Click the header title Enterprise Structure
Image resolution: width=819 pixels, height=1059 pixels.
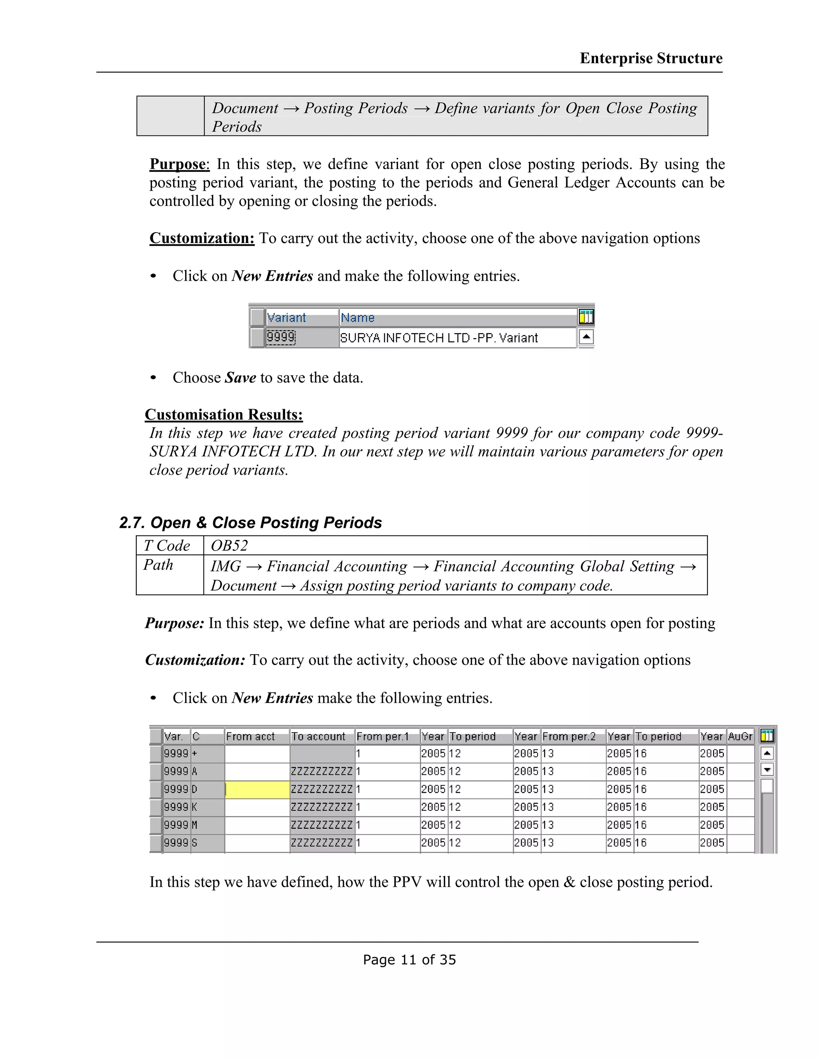coord(651,58)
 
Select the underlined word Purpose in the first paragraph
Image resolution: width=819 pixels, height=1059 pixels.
coord(178,164)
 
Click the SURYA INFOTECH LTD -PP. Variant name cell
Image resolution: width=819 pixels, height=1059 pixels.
coord(439,338)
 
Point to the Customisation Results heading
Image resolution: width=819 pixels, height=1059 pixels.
coord(224,414)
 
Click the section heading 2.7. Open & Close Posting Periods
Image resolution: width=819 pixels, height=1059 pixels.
coord(250,523)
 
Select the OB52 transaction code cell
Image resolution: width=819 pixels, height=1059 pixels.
coord(229,546)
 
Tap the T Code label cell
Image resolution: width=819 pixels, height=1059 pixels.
coord(167,546)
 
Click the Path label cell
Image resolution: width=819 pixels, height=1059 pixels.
coord(158,565)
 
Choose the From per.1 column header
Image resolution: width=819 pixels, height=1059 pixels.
coord(382,737)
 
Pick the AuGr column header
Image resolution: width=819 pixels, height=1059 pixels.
coord(740,737)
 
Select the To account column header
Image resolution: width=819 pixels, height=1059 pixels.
coord(318,737)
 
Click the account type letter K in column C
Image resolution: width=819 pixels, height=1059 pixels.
coord(195,807)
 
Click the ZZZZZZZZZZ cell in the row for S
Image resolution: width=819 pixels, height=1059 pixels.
coord(322,843)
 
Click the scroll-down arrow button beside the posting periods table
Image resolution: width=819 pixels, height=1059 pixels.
coord(767,770)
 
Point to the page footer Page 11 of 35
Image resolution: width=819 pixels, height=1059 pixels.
coord(409,959)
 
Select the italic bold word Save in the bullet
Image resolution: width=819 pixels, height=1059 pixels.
coord(240,378)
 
